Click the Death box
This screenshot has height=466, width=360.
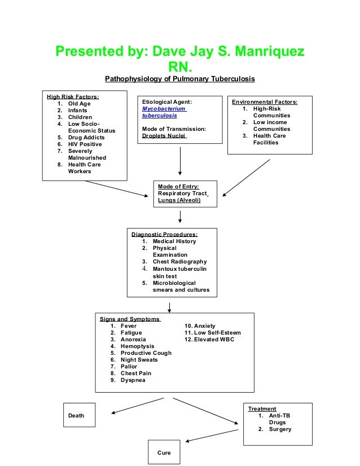(x=78, y=415)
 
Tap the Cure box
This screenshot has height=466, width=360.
(x=164, y=452)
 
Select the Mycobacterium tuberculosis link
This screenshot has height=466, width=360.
(x=164, y=112)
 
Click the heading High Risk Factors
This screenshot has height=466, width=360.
(x=72, y=97)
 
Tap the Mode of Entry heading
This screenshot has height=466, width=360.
(x=178, y=187)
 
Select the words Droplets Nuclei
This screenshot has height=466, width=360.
(x=164, y=136)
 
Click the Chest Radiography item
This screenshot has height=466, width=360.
(x=179, y=262)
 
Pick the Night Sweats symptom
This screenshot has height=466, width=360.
(x=139, y=360)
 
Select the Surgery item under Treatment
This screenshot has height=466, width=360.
(x=280, y=429)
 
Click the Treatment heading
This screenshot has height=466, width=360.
(x=262, y=409)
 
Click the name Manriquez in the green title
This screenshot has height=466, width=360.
(x=265, y=52)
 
